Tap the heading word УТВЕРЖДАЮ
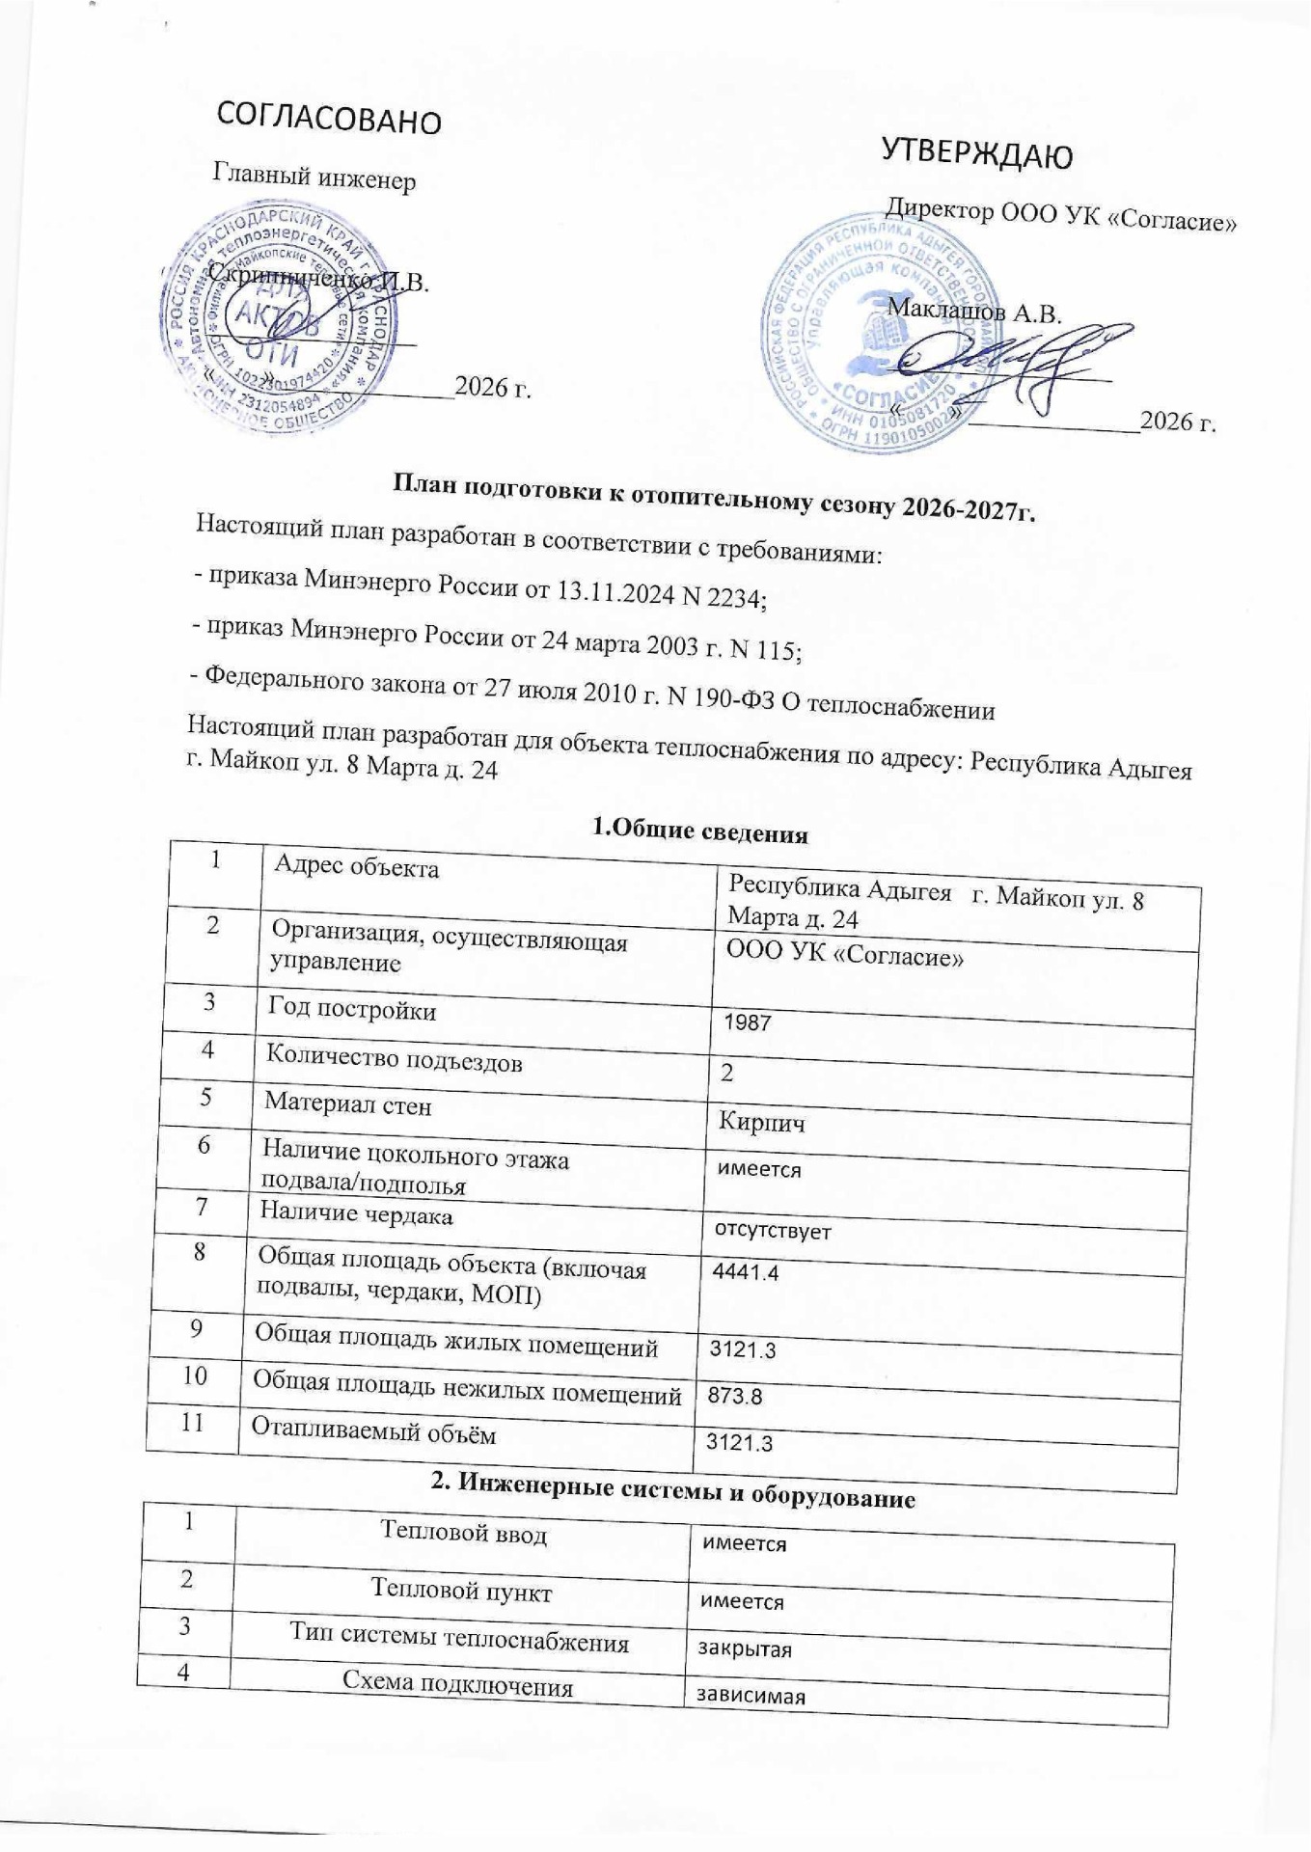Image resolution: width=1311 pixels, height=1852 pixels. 976,154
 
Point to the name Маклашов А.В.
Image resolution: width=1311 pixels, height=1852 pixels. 973,312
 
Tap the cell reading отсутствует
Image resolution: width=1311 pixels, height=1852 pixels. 772,1231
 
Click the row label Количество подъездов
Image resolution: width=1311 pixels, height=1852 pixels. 395,1061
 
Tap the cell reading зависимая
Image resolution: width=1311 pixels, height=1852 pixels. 744,1697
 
